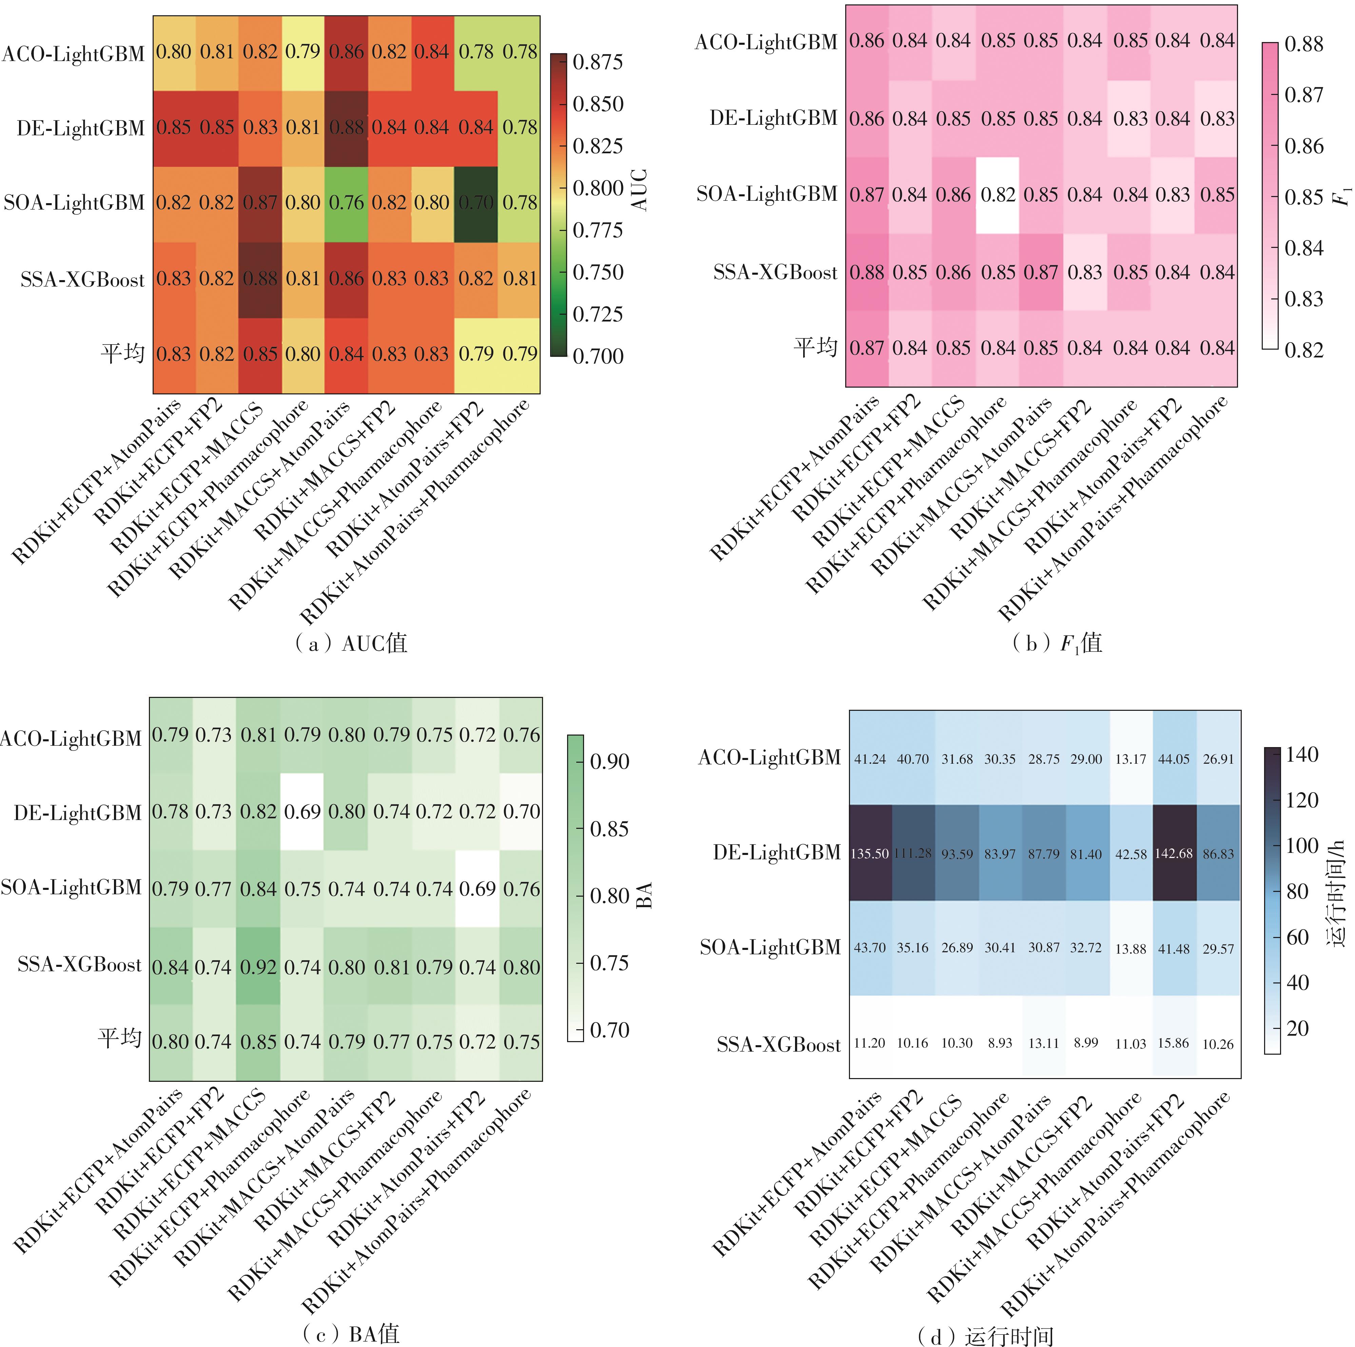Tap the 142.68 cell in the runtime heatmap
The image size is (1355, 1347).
(1173, 853)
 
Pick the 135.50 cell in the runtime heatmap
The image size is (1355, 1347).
(870, 853)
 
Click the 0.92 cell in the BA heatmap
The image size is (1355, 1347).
(259, 967)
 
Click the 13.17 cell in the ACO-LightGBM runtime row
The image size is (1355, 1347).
(1130, 759)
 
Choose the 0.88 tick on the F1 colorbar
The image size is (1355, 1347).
(1303, 44)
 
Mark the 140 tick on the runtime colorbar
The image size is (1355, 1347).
(1301, 755)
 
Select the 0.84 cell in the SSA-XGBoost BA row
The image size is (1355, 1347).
(170, 967)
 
